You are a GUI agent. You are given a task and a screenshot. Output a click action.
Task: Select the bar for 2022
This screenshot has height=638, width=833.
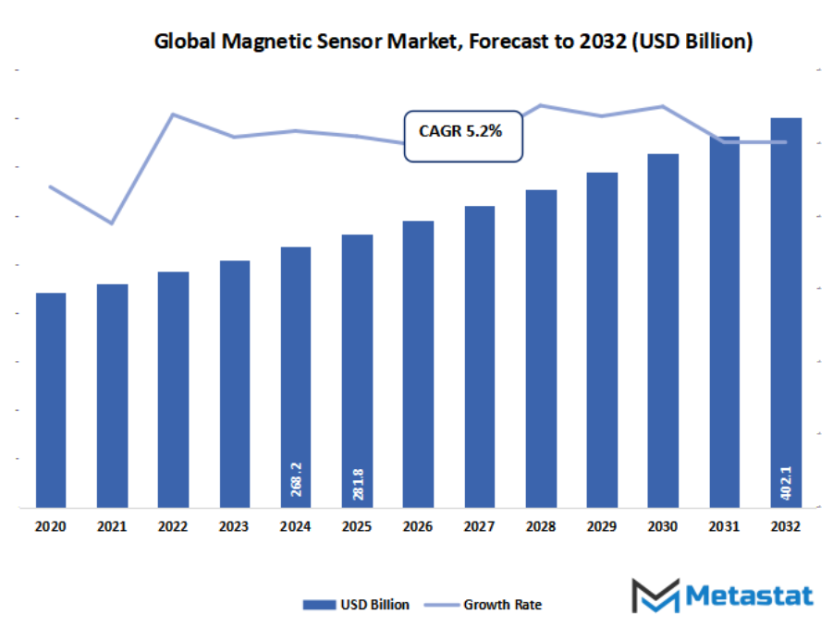[x=173, y=389]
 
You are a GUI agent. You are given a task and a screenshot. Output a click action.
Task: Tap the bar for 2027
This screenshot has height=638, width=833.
[x=479, y=356]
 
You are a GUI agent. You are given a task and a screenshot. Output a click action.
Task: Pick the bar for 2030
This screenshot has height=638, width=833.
[x=662, y=330]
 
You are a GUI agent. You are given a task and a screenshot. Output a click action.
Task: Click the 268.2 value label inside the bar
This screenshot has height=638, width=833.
[x=296, y=480]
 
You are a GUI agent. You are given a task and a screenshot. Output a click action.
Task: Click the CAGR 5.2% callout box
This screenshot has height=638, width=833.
[x=462, y=137]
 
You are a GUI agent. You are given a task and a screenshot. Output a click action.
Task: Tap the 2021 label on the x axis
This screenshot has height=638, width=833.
[x=112, y=526]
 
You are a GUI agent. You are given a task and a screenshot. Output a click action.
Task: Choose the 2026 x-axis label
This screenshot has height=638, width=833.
[x=418, y=526]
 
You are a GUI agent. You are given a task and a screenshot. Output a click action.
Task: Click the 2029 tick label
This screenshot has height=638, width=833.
[x=601, y=526]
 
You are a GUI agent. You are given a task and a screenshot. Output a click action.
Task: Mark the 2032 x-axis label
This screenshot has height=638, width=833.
[x=785, y=526]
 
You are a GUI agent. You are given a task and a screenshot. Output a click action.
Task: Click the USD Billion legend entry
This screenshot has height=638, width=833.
[x=357, y=605]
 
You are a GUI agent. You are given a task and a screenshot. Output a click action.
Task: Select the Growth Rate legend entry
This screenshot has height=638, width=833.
[x=484, y=605]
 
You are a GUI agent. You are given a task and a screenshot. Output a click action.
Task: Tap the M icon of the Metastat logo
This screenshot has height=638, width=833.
[x=655, y=596]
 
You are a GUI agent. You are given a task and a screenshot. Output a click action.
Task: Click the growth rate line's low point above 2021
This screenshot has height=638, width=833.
[x=112, y=223]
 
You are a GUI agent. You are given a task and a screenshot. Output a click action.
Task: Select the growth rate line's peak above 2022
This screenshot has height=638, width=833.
[x=173, y=114]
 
